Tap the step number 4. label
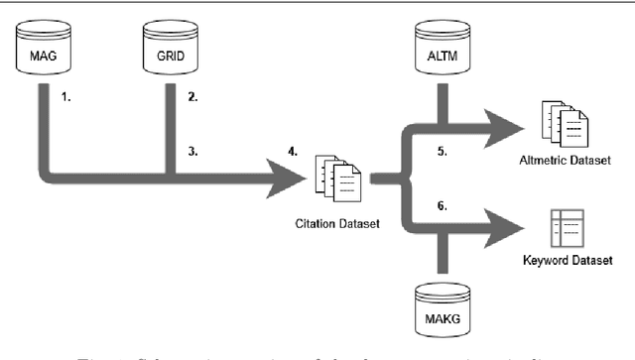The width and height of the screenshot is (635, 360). coord(293,152)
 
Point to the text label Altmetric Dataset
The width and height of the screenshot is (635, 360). coord(572,159)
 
